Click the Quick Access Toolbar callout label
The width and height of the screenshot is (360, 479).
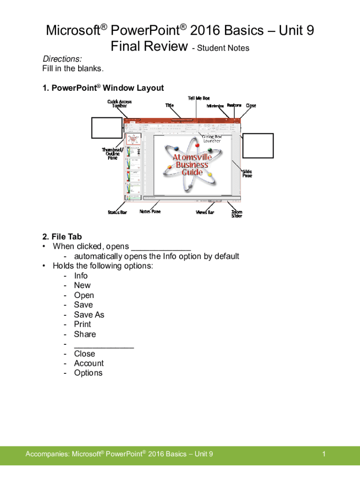[x=119, y=104]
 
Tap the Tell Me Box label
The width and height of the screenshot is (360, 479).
[x=199, y=98]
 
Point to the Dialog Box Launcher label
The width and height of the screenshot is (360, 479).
[x=212, y=138]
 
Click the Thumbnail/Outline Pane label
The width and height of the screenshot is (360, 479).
[x=113, y=154]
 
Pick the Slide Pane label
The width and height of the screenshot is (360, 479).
[x=247, y=174]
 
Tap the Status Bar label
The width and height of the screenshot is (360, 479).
[x=117, y=212]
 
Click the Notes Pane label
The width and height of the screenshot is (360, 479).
[x=150, y=212]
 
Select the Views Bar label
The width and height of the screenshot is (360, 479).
[x=205, y=212]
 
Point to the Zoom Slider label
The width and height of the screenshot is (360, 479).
[x=237, y=214]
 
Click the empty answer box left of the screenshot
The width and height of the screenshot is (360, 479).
[x=107, y=128]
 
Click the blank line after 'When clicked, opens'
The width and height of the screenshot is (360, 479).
[x=161, y=247]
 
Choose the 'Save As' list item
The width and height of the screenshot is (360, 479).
[x=89, y=315]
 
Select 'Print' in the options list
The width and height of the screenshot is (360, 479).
[x=82, y=324]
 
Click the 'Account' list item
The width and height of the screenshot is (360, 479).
[x=89, y=363]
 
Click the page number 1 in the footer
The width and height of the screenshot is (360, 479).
[x=324, y=454]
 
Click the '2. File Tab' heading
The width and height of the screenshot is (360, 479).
[x=62, y=237]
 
